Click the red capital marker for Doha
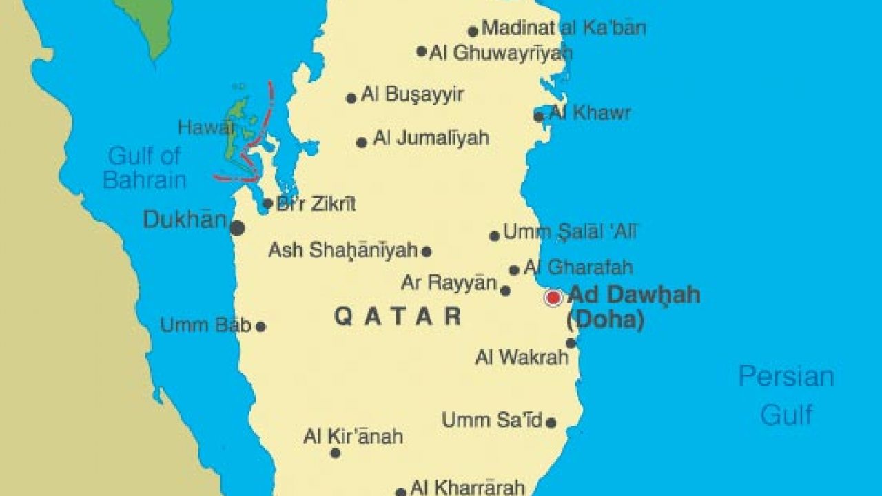pos(553,298)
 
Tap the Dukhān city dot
pos(237,228)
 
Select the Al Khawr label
pos(590,113)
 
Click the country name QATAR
pos(398,316)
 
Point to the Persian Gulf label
pos(786,395)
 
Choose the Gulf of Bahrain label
pos(145,168)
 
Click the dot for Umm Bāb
pos(260,327)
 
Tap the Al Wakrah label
pos(522,357)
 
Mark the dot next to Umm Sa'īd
pos(551,422)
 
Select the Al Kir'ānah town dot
pos(336,453)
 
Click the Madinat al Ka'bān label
pos(564,28)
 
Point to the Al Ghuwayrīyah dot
pos(422,51)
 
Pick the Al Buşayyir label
pos(412,94)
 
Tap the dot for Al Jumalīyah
pos(362,143)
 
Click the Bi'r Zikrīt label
pos(316,204)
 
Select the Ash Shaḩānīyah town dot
pos(427,251)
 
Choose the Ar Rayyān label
pos(449,282)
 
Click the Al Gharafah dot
pos(514,270)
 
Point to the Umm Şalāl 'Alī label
pos(571,232)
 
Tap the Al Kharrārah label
pos(467,488)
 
